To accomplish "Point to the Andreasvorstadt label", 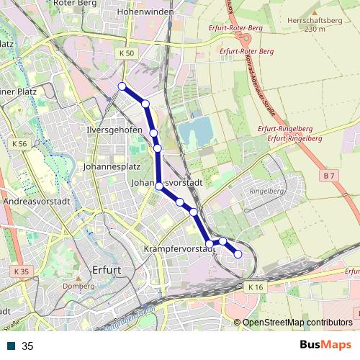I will point(36,202).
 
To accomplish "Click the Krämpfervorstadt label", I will point(176,248).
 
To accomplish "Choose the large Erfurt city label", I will point(107,270).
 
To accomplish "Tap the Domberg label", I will point(80,286).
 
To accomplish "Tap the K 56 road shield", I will point(20,144).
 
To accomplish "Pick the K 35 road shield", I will point(21,271).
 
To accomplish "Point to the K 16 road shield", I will point(256,287).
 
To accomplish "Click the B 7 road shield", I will point(330,176).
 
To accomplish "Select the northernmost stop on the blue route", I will point(122,87).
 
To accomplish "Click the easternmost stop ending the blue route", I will point(238,253).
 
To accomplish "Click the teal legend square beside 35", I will point(12,346).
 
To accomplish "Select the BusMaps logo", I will point(323,344).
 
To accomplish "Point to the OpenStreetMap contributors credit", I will point(297,322).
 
